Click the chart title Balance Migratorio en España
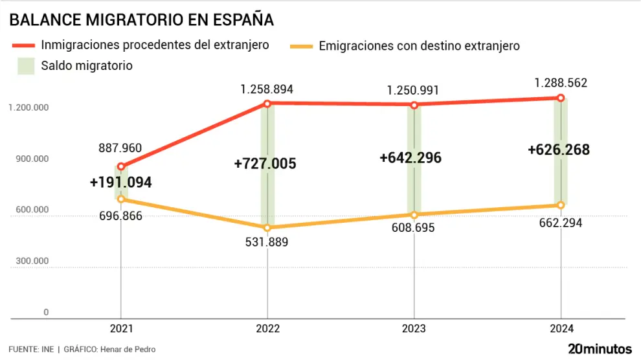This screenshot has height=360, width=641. point(141,20)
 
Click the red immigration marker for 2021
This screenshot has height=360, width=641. point(121,166)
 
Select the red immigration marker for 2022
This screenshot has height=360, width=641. point(267,104)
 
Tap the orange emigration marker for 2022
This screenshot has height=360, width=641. point(267,228)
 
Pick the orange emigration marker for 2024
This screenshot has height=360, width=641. point(561,205)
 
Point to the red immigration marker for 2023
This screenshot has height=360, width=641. point(414,105)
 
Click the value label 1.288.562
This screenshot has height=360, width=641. point(561,83)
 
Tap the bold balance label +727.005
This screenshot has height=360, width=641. point(265,164)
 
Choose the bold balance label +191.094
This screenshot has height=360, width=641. point(121,183)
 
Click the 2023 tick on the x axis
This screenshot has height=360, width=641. point(414,329)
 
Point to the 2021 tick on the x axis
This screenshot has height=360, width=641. point(121,329)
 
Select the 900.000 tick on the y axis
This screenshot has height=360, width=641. point(28,159)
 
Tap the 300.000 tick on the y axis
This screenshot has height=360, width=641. point(28,262)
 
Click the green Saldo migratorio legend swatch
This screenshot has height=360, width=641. point(25,66)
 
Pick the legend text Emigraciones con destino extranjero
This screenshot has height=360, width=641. point(420,46)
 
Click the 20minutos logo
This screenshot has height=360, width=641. point(600,348)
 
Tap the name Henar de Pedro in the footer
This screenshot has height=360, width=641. point(128,350)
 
